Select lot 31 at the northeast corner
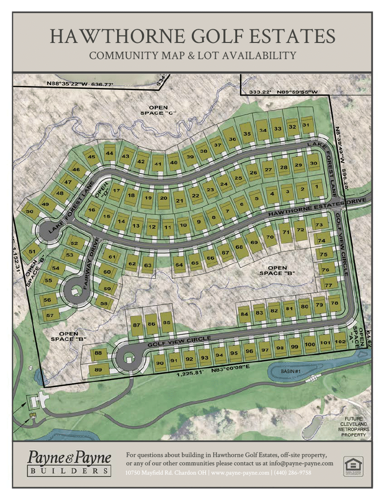coord(306,125)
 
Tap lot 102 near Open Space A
coord(341,343)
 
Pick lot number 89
coord(98,370)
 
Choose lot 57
coord(50,315)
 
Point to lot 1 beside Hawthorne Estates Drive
coord(316,187)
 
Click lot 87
coord(137,325)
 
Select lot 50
coord(30,211)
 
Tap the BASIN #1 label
coord(290,372)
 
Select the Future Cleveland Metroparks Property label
coord(354,427)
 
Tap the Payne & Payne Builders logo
coord(69,463)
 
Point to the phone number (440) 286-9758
coord(292,473)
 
